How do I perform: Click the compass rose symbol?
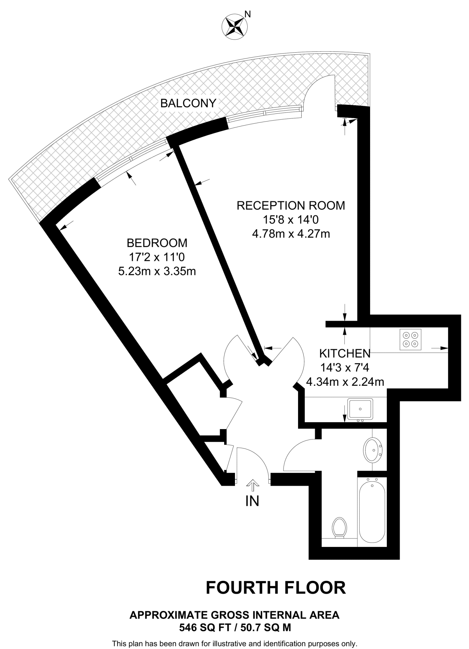click(x=234, y=27)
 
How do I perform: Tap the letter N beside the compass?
click(x=248, y=14)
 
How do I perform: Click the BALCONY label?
click(x=188, y=103)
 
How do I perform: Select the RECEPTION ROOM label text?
click(x=291, y=206)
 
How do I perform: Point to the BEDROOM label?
click(x=157, y=243)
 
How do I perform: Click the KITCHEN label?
click(x=345, y=353)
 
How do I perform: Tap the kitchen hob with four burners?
click(x=411, y=340)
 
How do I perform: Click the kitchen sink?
click(x=361, y=409)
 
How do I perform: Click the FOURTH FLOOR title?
click(x=276, y=588)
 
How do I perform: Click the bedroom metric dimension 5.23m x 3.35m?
click(x=157, y=272)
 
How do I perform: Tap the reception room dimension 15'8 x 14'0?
click(x=291, y=220)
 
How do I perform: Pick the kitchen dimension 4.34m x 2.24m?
click(x=345, y=382)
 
